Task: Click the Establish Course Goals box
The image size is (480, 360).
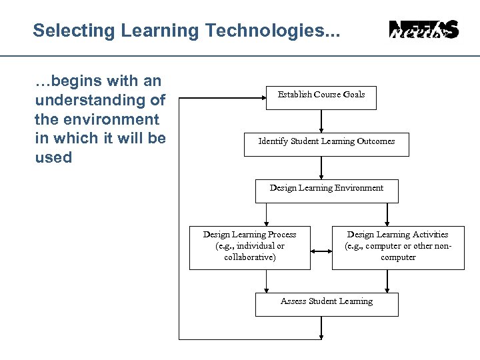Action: click(321, 97)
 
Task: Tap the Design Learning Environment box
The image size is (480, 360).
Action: click(327, 191)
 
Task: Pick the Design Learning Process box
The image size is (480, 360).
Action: click(249, 247)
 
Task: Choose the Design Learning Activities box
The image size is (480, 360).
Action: click(397, 247)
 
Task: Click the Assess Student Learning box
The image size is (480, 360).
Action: click(327, 304)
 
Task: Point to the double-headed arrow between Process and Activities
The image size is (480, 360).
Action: click(321, 251)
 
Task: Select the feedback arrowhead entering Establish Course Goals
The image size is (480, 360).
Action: click(261, 97)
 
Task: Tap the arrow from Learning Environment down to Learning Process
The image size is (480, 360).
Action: click(266, 214)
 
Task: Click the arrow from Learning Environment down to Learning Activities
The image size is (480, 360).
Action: click(387, 214)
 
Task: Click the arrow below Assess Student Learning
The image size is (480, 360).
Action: click(321, 327)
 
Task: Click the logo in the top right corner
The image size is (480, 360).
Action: click(423, 30)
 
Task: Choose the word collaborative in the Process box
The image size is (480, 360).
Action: click(249, 257)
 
